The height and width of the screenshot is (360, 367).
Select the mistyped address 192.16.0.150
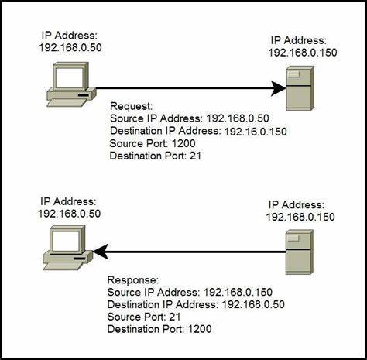tap(256, 132)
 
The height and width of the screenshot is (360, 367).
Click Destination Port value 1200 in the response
tap(200, 330)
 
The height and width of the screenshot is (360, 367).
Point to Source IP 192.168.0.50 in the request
tap(232, 118)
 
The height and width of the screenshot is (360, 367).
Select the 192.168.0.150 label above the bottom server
tap(300, 217)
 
